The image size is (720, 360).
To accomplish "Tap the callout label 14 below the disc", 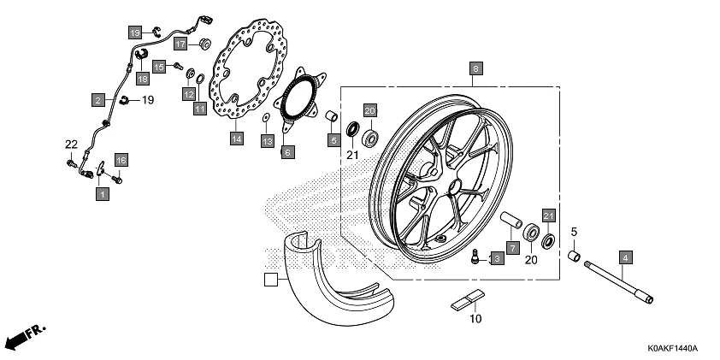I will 237,137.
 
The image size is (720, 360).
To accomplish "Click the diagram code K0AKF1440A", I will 666,349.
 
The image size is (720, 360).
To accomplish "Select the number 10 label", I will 475,320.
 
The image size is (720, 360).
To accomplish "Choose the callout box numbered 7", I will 512,247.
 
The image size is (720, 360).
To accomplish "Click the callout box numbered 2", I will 99,100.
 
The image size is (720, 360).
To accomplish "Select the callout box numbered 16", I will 121,160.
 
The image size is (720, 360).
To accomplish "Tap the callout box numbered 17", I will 180,44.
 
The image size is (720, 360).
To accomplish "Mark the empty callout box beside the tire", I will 270,279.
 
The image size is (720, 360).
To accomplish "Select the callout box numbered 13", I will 267,140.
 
